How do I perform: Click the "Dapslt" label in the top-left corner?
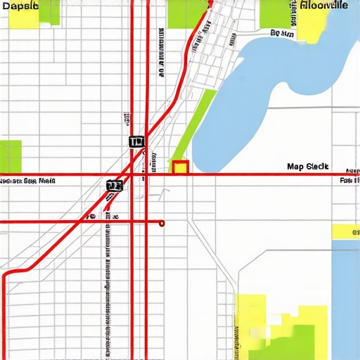tap(20, 6)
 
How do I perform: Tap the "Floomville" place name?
tap(323, 5)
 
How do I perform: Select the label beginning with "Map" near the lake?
tap(308, 167)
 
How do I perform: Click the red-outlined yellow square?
tap(180, 167)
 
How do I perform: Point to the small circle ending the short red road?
tap(162, 223)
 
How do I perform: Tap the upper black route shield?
tap(136, 141)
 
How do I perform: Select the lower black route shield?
tap(114, 186)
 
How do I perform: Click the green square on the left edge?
tap(11, 155)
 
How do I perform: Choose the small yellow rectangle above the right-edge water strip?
tap(345, 231)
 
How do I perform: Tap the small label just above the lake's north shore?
tap(282, 33)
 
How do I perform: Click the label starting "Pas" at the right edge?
tap(349, 181)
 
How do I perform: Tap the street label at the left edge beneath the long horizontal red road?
tap(28, 181)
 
